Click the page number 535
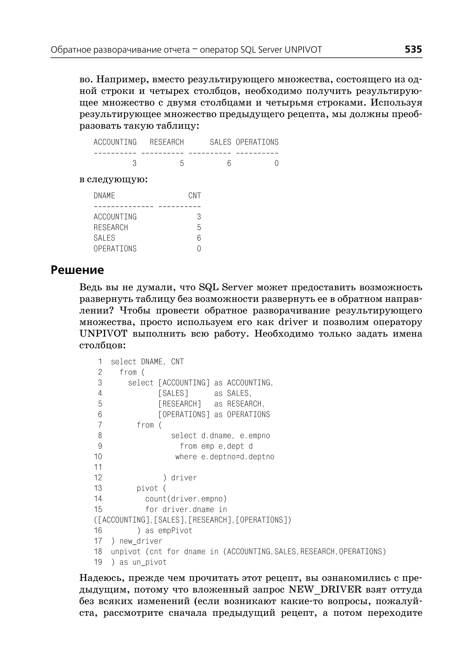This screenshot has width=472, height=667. click(x=413, y=49)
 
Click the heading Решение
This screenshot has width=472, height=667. click(x=77, y=270)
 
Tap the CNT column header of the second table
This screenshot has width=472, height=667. click(x=195, y=196)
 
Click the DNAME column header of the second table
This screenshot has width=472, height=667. click(x=104, y=196)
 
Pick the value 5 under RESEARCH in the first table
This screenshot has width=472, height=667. click(x=182, y=164)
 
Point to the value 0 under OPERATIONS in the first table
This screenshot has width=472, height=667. click(x=276, y=164)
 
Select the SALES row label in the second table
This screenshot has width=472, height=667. click(x=104, y=238)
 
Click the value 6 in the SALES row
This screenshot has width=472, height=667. click(x=199, y=238)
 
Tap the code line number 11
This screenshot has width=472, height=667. click(x=98, y=467)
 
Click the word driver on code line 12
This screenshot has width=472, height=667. click(x=184, y=478)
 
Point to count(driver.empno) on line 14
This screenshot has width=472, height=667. click(x=186, y=499)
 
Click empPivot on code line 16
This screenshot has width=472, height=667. click(x=175, y=530)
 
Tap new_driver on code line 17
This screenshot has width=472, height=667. click(x=141, y=541)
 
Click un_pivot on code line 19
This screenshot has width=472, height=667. click(x=149, y=562)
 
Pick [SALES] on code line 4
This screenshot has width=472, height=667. click(x=173, y=393)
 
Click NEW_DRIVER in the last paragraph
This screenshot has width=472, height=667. click(x=325, y=590)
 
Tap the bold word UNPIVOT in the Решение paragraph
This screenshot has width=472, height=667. click(x=103, y=334)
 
